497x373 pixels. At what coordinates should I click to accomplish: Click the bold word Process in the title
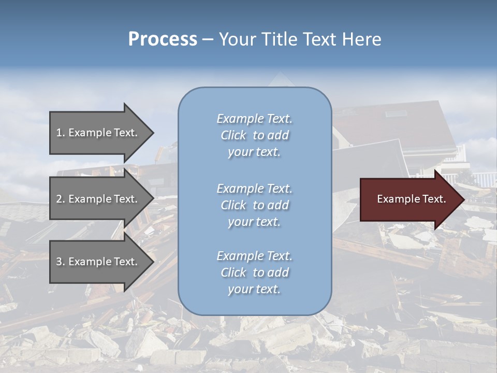(163, 39)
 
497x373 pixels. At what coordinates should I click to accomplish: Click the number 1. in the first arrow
(60, 133)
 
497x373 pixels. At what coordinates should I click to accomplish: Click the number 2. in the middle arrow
(60, 199)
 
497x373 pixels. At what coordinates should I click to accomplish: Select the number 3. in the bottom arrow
(60, 262)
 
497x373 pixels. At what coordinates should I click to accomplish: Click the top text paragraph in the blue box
(254, 135)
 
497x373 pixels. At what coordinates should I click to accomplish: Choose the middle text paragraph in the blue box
(254, 205)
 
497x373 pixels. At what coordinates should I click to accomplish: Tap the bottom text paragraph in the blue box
(254, 272)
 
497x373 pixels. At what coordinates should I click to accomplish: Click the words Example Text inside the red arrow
(411, 199)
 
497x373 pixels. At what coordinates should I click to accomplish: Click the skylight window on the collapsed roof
(396, 113)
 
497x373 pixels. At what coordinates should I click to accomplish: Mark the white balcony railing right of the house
(484, 179)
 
